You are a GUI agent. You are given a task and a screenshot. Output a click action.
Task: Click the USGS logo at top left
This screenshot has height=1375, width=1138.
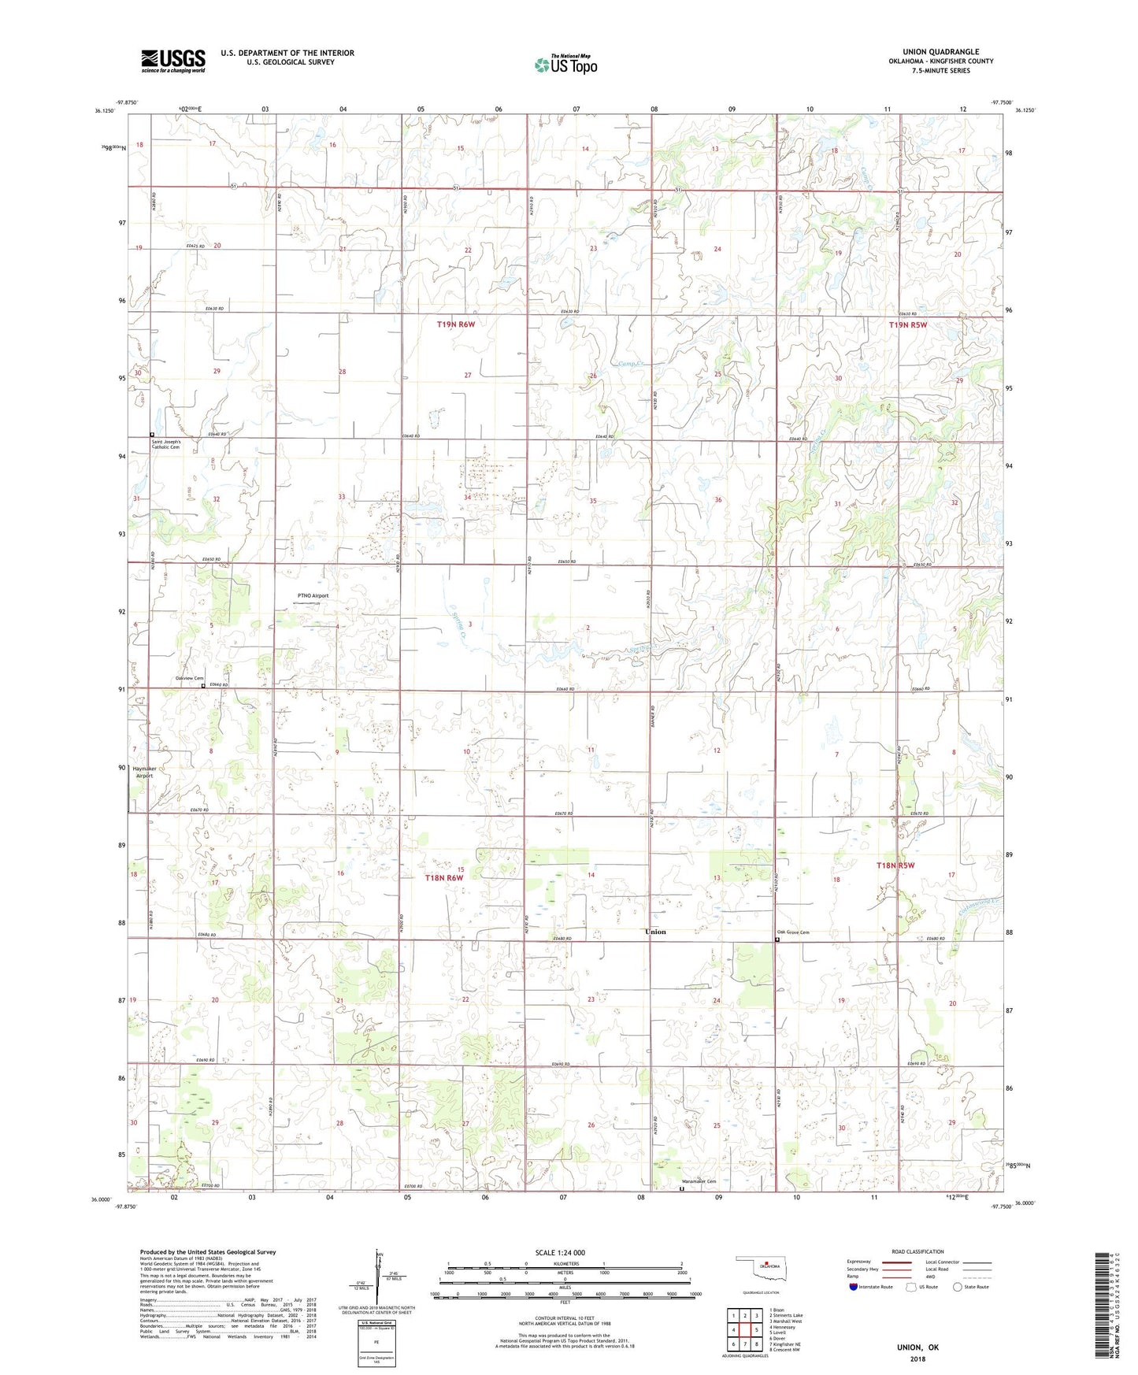172,60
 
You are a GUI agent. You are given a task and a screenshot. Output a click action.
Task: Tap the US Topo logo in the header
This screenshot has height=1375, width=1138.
565,65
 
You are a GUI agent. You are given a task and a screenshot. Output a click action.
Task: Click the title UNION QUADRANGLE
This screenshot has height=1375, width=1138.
940,52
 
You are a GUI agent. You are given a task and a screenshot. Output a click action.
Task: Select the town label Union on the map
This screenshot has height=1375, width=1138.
655,932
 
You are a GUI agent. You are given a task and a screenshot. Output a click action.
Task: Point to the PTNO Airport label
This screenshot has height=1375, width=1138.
313,595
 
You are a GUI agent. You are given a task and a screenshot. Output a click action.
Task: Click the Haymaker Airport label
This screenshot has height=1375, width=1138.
143,772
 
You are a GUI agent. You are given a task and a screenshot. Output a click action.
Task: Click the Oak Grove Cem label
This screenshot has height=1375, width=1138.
793,932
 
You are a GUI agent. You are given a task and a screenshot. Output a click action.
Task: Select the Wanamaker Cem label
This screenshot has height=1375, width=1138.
699,1181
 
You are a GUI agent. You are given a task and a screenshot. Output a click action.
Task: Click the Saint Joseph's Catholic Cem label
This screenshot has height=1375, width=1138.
166,445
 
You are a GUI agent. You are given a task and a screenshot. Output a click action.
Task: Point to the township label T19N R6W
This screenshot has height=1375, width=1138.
456,324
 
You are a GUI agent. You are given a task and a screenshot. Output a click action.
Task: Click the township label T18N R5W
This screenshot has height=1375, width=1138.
896,865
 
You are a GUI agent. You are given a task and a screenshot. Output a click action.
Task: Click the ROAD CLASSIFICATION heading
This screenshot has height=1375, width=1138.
917,1251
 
